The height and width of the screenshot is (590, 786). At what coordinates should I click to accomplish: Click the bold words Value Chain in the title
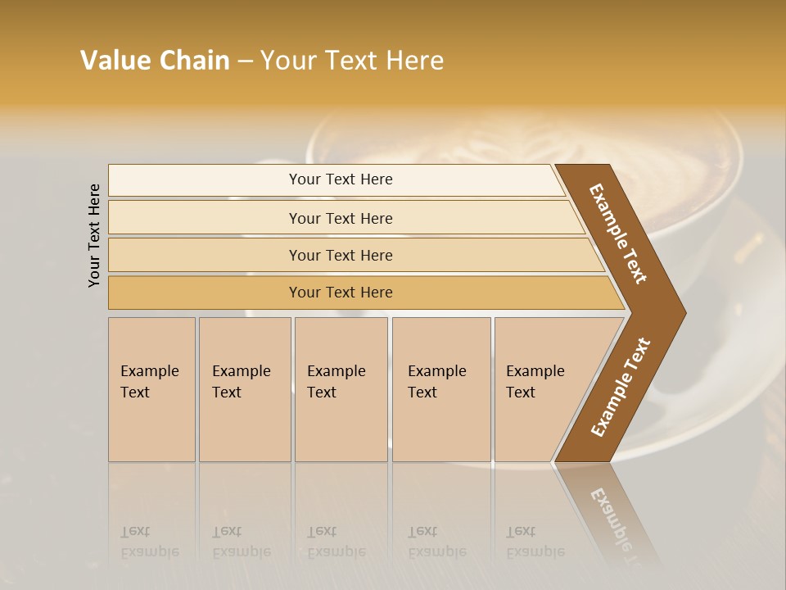click(x=155, y=61)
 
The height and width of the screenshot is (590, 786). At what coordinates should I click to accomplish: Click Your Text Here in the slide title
click(x=352, y=61)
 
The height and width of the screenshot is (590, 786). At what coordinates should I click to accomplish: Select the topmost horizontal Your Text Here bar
click(x=340, y=179)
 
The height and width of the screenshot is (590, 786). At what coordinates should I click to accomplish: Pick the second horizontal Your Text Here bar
click(x=340, y=218)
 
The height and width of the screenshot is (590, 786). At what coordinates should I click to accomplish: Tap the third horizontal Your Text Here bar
click(x=340, y=255)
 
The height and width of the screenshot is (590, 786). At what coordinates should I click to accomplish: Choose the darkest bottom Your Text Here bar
click(x=340, y=293)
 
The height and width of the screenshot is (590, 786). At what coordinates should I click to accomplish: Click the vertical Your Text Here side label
click(x=94, y=235)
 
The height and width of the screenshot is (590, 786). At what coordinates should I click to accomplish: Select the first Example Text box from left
click(x=151, y=388)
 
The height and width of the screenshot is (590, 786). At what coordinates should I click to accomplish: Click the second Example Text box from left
click(x=244, y=388)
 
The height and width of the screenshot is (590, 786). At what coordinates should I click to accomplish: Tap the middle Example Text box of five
click(x=341, y=388)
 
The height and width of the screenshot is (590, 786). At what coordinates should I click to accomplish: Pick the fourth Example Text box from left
click(x=441, y=388)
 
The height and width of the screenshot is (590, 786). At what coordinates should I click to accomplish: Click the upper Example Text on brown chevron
click(x=618, y=234)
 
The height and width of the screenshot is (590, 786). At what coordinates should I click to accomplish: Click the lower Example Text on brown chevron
click(x=620, y=388)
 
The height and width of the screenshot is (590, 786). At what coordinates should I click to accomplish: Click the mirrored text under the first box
click(x=149, y=542)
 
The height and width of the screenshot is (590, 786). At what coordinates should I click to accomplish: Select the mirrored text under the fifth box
click(x=535, y=542)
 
